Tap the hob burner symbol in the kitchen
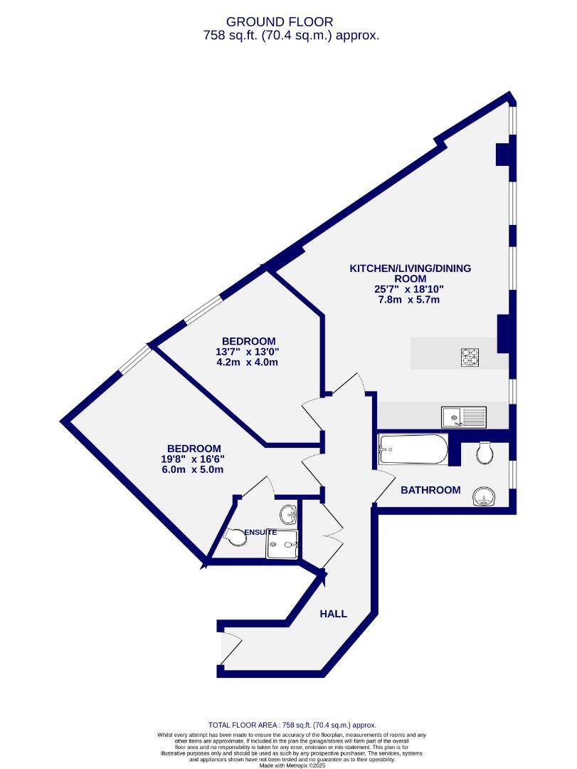click(x=470, y=356)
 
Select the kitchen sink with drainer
click(x=463, y=417)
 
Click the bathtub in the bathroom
click(x=413, y=450)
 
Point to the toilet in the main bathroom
click(x=485, y=452)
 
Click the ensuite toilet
click(x=236, y=535)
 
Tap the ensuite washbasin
click(x=288, y=513)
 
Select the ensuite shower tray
click(x=283, y=545)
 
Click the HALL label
click(x=333, y=613)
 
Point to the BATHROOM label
click(x=430, y=490)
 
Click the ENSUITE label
click(x=260, y=532)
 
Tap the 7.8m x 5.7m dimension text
click(x=409, y=300)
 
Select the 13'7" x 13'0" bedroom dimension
click(x=248, y=352)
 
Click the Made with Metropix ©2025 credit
click(x=288, y=765)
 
